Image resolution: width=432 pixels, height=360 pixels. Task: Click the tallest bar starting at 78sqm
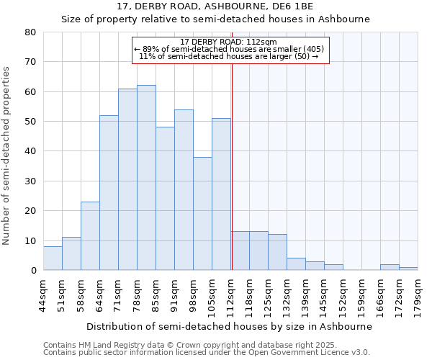click(x=146, y=178)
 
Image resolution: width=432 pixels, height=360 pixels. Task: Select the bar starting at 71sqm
click(x=127, y=179)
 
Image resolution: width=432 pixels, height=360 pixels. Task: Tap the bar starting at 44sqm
click(x=53, y=258)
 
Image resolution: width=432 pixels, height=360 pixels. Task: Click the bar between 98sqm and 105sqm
click(x=202, y=213)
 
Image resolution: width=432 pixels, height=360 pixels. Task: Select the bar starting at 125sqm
click(x=277, y=252)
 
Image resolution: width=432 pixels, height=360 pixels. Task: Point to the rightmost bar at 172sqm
click(x=408, y=269)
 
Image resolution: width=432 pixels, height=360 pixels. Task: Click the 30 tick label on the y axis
click(x=31, y=181)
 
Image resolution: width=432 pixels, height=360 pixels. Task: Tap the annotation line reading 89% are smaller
click(x=229, y=49)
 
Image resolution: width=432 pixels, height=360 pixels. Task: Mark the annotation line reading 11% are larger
click(x=229, y=56)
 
